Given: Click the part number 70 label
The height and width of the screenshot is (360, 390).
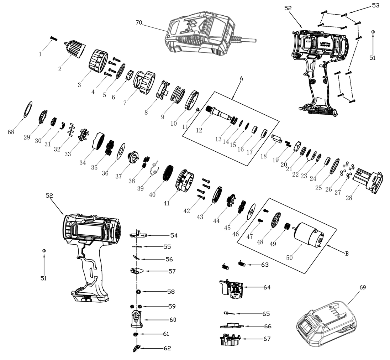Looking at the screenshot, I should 139,22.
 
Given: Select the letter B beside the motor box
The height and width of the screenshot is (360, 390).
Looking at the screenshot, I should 347,253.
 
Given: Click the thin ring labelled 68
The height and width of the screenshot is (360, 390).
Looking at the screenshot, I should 28,109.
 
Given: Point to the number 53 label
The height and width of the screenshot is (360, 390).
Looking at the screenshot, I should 375,5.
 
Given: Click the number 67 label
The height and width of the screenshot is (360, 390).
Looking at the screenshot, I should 267,339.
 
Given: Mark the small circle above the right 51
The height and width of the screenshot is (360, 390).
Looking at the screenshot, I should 373,32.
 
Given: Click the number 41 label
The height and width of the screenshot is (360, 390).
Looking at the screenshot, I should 166,203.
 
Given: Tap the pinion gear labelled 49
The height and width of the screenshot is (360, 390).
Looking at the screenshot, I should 285,226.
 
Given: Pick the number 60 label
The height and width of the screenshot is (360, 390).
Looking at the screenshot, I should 173,320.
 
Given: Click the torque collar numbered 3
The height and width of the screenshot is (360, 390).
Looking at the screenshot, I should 97,61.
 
